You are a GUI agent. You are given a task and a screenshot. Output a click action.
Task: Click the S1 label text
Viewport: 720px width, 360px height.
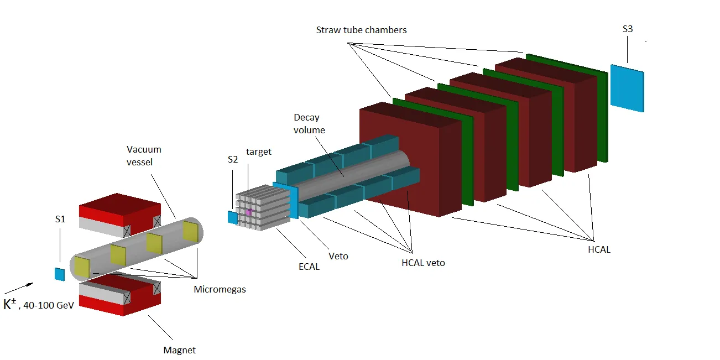point(60,219)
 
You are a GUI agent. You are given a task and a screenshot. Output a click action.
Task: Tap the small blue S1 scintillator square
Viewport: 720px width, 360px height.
point(59,274)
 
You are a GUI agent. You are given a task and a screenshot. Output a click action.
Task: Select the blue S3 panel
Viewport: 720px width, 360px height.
point(627,88)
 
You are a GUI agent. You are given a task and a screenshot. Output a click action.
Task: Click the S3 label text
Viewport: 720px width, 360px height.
point(627,29)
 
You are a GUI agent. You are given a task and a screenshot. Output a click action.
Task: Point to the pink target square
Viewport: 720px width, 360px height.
point(249,212)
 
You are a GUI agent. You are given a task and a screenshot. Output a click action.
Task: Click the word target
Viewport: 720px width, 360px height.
point(259,152)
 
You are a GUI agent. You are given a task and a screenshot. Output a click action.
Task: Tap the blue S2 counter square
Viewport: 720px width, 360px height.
point(233,217)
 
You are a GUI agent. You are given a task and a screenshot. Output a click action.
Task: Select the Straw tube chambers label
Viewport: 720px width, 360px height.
point(361,30)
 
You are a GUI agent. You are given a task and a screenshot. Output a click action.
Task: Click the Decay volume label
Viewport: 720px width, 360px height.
point(309,124)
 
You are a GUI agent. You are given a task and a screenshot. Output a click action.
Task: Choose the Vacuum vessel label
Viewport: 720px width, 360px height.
point(144,155)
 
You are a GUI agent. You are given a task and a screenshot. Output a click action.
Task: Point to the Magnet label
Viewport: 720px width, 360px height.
point(180,350)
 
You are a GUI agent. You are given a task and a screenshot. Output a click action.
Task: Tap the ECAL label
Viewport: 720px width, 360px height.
point(309,267)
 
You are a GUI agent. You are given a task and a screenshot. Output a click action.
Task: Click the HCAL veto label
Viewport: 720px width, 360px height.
point(423,263)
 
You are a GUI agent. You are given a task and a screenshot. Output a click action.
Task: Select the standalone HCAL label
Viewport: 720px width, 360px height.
point(599,249)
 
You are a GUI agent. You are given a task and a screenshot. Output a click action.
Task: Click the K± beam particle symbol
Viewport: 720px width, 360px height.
point(10,304)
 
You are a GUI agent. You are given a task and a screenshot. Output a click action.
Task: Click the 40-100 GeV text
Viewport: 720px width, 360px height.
point(49,305)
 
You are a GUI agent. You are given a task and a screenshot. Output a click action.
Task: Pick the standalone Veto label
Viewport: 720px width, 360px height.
point(338,256)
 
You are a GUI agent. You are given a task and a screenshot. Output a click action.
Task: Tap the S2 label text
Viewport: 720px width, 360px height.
point(233,159)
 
